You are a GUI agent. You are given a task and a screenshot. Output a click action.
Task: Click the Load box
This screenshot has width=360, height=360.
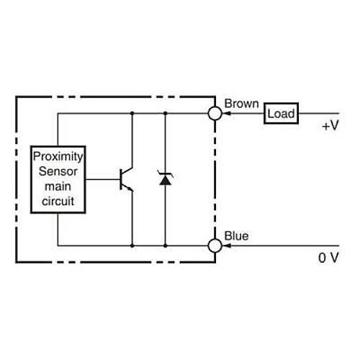tap(281, 113)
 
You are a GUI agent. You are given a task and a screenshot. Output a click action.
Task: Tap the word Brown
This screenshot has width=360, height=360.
tap(241, 104)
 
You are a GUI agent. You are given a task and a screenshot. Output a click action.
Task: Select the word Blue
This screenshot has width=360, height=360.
tap(237, 235)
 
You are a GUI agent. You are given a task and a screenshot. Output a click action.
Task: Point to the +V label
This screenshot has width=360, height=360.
tap(330, 125)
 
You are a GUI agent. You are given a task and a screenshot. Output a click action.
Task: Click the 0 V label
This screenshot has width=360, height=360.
tap(328, 257)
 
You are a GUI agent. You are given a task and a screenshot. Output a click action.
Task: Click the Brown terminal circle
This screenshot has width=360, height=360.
tap(214, 113)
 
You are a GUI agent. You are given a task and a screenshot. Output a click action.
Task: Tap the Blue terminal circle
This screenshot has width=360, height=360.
tap(214, 246)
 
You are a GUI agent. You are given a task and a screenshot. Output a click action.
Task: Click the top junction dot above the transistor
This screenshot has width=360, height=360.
tap(132, 113)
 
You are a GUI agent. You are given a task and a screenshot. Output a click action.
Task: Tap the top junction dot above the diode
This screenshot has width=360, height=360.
tap(165, 113)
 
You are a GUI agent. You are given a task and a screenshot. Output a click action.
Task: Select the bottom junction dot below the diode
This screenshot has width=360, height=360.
tap(165, 246)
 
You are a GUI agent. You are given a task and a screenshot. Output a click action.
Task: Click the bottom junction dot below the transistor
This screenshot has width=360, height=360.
tap(132, 246)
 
